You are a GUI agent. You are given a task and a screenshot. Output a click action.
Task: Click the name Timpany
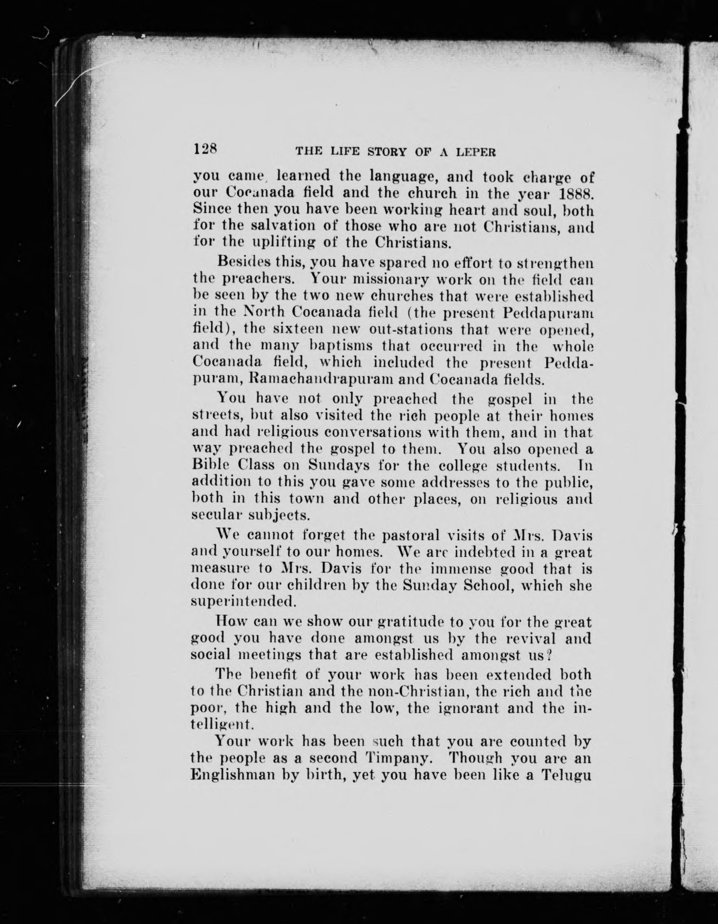(392, 758)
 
